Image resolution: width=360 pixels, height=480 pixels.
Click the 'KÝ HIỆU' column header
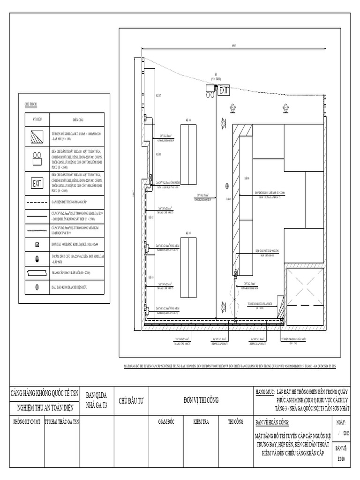point(37,119)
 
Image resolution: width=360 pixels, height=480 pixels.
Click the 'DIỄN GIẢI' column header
point(77,119)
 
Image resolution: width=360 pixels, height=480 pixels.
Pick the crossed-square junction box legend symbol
point(37,245)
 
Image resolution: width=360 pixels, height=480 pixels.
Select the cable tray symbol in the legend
point(37,272)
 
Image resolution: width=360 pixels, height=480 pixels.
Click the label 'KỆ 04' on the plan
point(188,120)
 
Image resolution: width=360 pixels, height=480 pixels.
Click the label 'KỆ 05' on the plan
point(188,233)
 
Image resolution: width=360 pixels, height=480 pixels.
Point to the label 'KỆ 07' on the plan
point(158,95)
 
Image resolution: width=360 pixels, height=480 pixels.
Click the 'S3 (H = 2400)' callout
point(216,76)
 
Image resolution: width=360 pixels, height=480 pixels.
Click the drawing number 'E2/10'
point(341,460)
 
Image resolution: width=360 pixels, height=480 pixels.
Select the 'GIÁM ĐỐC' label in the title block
point(167,422)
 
